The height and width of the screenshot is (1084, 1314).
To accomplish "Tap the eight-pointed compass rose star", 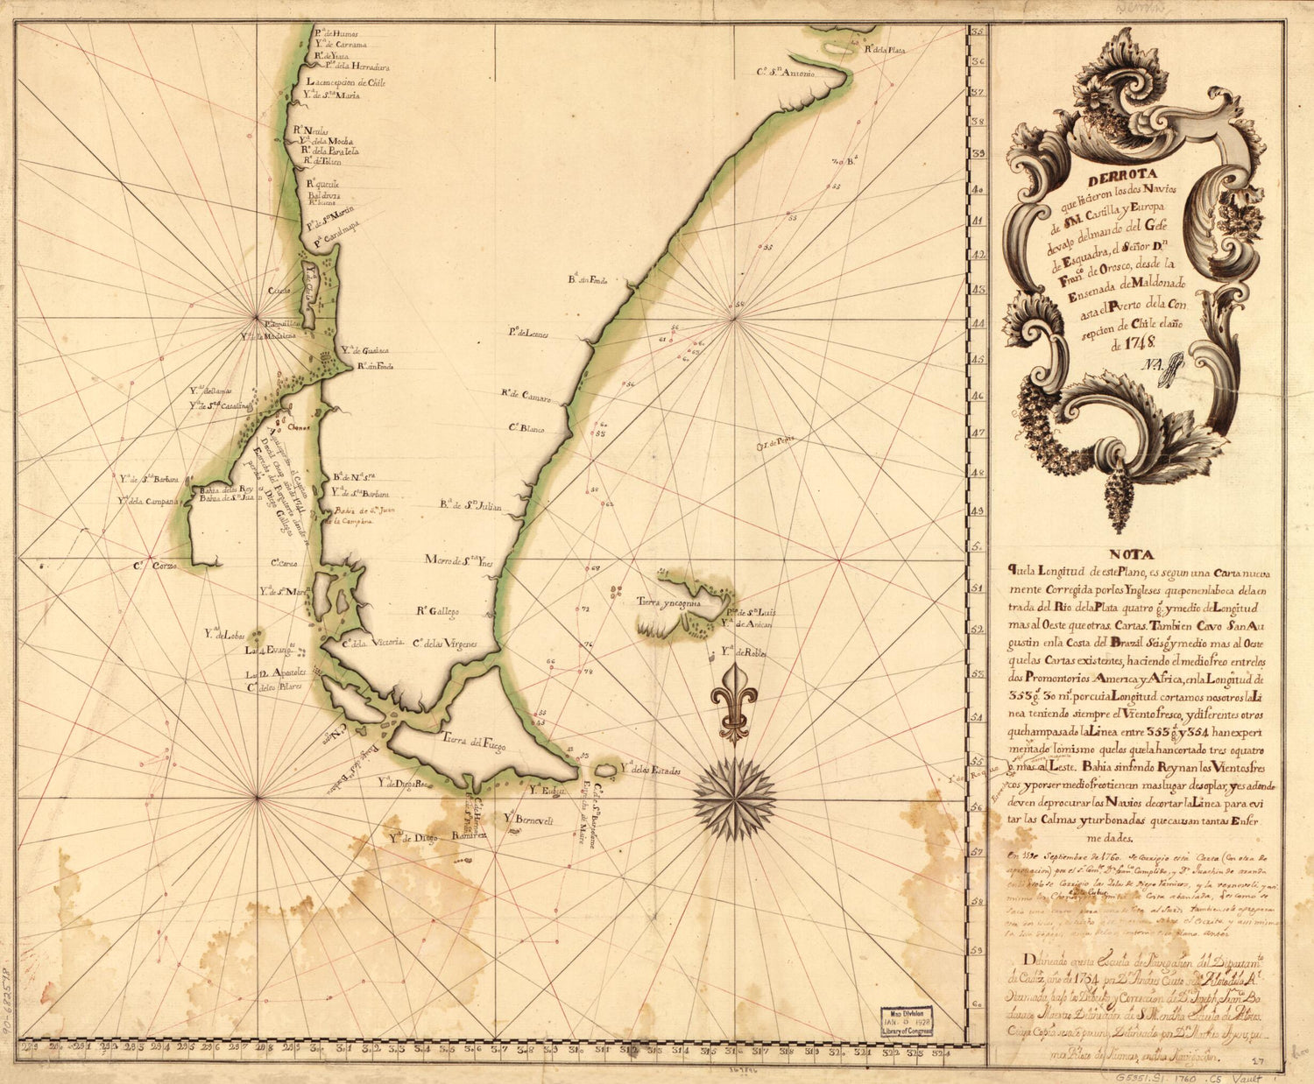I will click(734, 798).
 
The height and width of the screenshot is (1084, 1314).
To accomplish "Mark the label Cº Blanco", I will click(526, 429).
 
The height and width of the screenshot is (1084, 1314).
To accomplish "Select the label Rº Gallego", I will click(438, 611).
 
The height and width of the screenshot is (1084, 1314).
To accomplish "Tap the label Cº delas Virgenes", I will click(445, 644).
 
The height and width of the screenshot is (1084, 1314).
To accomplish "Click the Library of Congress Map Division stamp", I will click(907, 1021).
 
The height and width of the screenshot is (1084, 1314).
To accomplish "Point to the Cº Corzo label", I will click(156, 567).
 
